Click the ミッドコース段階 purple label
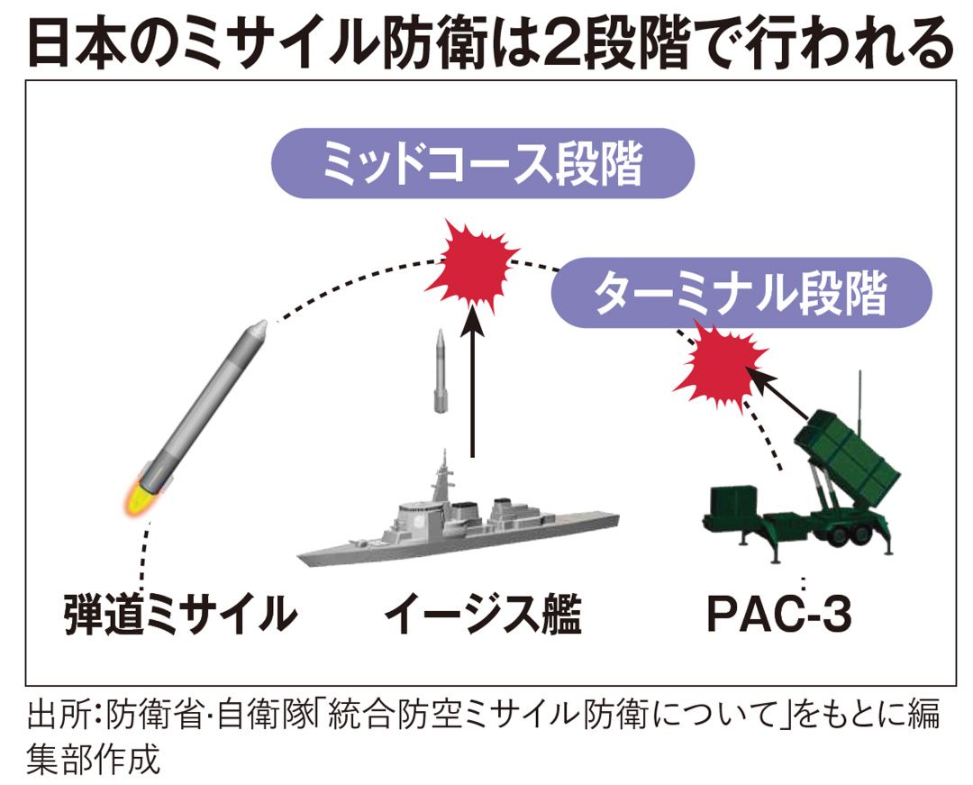click(x=484, y=169)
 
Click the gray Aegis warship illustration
click(x=459, y=532)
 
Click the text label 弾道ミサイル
click(x=181, y=616)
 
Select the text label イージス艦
click(x=484, y=616)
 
